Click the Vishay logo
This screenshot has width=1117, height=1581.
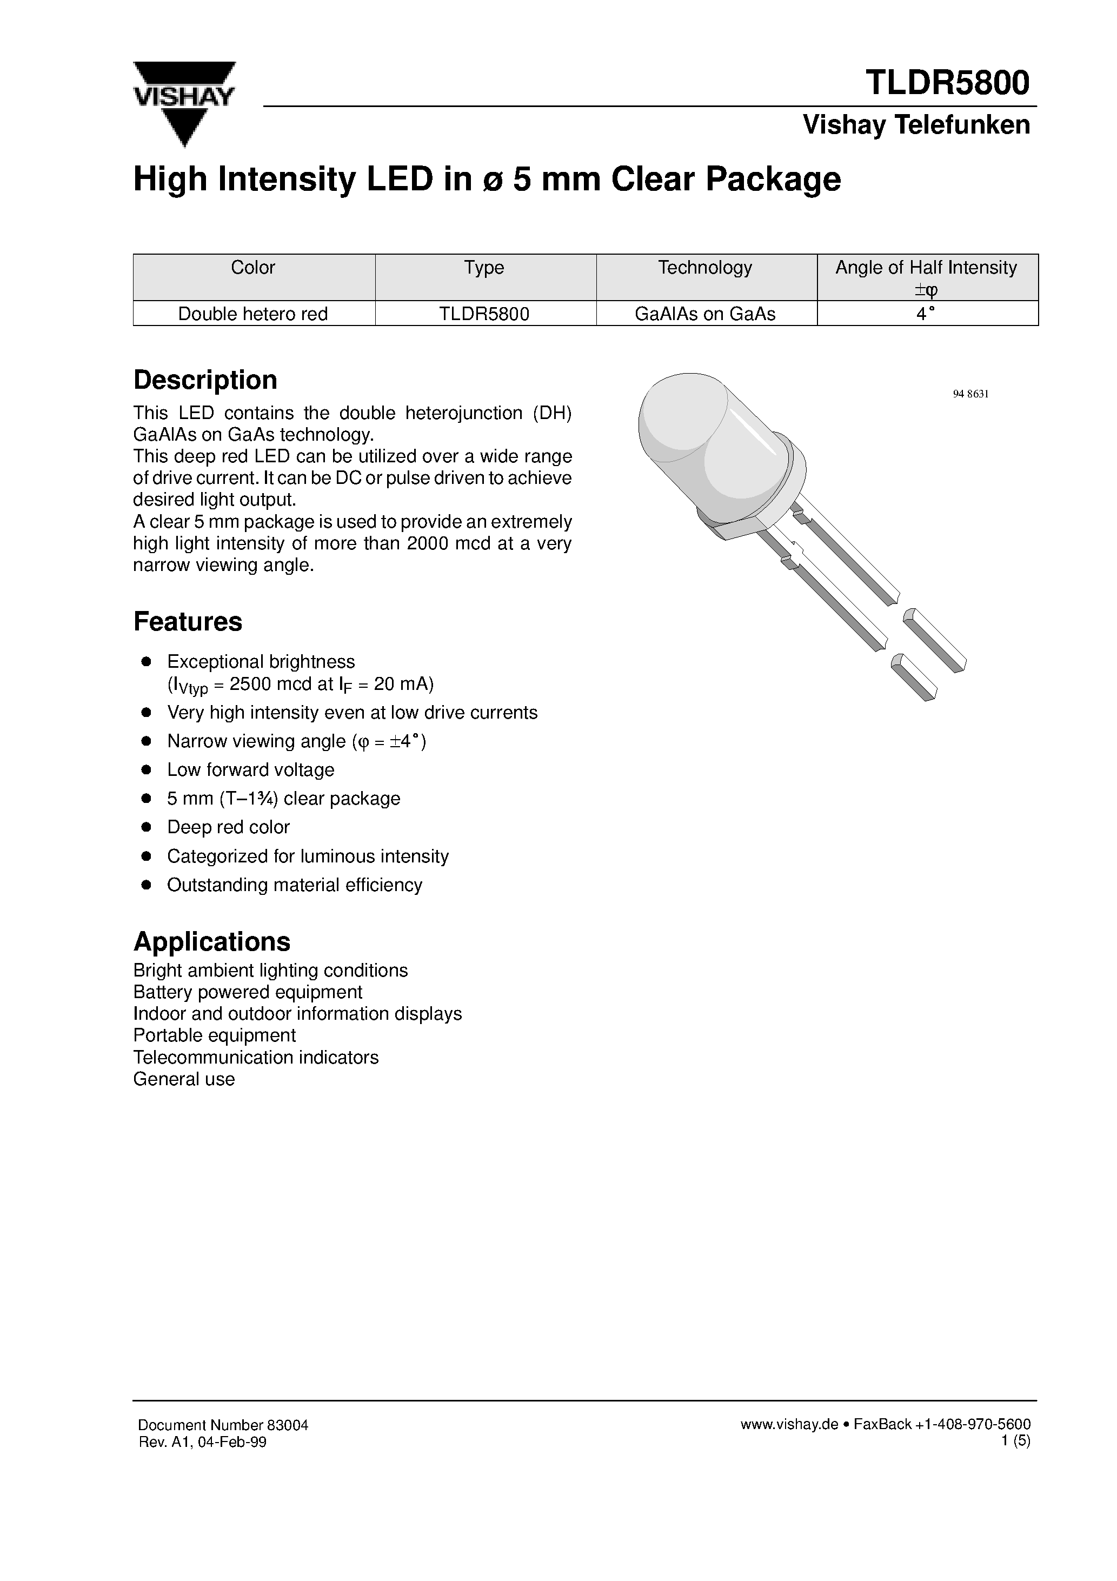pyautogui.click(x=184, y=103)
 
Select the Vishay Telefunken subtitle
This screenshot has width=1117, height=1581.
pyautogui.click(x=916, y=125)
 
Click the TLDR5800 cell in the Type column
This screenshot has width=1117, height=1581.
pyautogui.click(x=484, y=314)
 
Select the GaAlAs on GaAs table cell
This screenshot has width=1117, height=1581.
pyautogui.click(x=704, y=314)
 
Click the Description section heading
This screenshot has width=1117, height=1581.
pyautogui.click(x=205, y=380)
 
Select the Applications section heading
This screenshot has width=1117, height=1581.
pyautogui.click(x=211, y=941)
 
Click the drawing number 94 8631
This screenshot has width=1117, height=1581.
pyautogui.click(x=970, y=394)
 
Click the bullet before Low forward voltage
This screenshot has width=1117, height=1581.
pyautogui.click(x=146, y=770)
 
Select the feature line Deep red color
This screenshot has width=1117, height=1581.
pyautogui.click(x=228, y=827)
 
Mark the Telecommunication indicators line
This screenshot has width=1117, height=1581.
pyautogui.click(x=256, y=1057)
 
